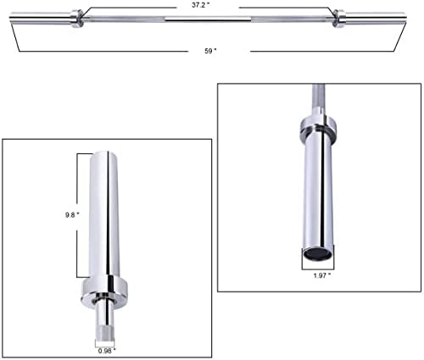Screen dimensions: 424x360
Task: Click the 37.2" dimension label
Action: point(200,5)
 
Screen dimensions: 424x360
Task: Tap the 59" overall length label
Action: point(210,51)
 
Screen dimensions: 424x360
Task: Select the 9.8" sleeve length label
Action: point(72,215)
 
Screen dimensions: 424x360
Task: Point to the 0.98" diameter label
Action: point(107,351)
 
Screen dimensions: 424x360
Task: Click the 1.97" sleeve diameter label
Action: point(322,275)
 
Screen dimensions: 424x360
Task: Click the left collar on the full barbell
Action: point(76,19)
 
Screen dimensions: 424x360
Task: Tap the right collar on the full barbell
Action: point(339,19)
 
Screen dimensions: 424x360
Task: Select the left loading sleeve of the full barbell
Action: point(40,17)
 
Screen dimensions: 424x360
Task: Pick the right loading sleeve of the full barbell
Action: point(376,17)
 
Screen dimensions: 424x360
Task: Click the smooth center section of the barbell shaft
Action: point(208,19)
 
